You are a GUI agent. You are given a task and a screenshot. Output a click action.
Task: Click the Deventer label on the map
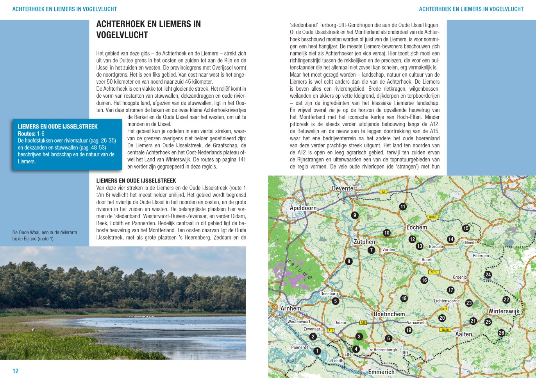click(x=344, y=188)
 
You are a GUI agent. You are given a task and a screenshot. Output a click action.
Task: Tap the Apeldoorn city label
click(x=303, y=208)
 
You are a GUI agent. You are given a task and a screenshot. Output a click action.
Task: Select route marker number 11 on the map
click(x=403, y=206)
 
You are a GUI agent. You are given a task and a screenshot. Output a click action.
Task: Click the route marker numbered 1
click(x=317, y=351)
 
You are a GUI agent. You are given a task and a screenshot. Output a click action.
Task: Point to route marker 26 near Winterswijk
click(x=501, y=333)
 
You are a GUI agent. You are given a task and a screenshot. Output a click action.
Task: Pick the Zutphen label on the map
click(x=364, y=242)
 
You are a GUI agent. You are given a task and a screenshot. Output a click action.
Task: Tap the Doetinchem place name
click(x=389, y=314)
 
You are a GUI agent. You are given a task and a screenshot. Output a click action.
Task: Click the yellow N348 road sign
click(x=432, y=217)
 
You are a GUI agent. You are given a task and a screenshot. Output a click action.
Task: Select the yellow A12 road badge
click(x=331, y=330)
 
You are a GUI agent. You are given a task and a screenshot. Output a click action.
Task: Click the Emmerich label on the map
click(x=381, y=372)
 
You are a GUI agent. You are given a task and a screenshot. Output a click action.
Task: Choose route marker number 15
click(x=466, y=228)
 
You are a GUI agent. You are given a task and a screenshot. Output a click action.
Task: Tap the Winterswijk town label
click(x=504, y=312)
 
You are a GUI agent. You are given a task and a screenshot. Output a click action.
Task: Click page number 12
click(x=16, y=371)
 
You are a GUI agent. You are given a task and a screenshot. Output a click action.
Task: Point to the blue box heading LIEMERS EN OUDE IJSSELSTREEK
click(x=58, y=127)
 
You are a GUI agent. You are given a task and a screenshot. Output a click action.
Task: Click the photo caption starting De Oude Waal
click(x=45, y=235)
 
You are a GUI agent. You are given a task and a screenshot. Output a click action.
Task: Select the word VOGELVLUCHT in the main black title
click(x=122, y=35)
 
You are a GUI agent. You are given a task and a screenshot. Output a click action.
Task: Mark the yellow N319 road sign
click(x=434, y=272)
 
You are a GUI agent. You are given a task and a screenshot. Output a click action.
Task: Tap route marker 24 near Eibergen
click(x=488, y=274)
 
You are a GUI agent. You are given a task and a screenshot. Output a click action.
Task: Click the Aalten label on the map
click(x=464, y=335)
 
